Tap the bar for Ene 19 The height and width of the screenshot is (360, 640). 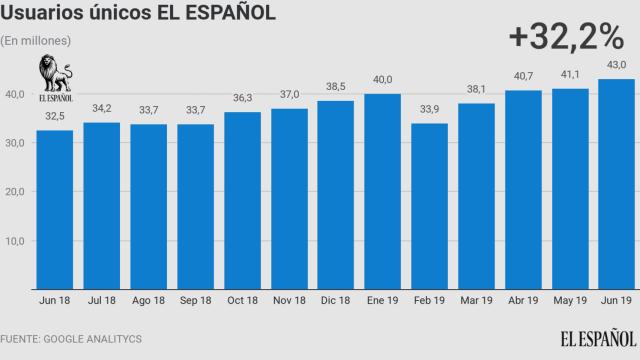(x=383, y=191)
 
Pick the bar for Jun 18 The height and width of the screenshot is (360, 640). (x=55, y=210)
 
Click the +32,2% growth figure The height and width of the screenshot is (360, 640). (x=566, y=36)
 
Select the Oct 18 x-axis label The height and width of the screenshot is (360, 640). (x=242, y=300)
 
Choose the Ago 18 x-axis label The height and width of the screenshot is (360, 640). (x=149, y=300)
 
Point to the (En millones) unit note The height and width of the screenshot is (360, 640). (x=36, y=40)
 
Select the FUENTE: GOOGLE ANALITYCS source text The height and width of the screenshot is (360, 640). (x=71, y=339)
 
